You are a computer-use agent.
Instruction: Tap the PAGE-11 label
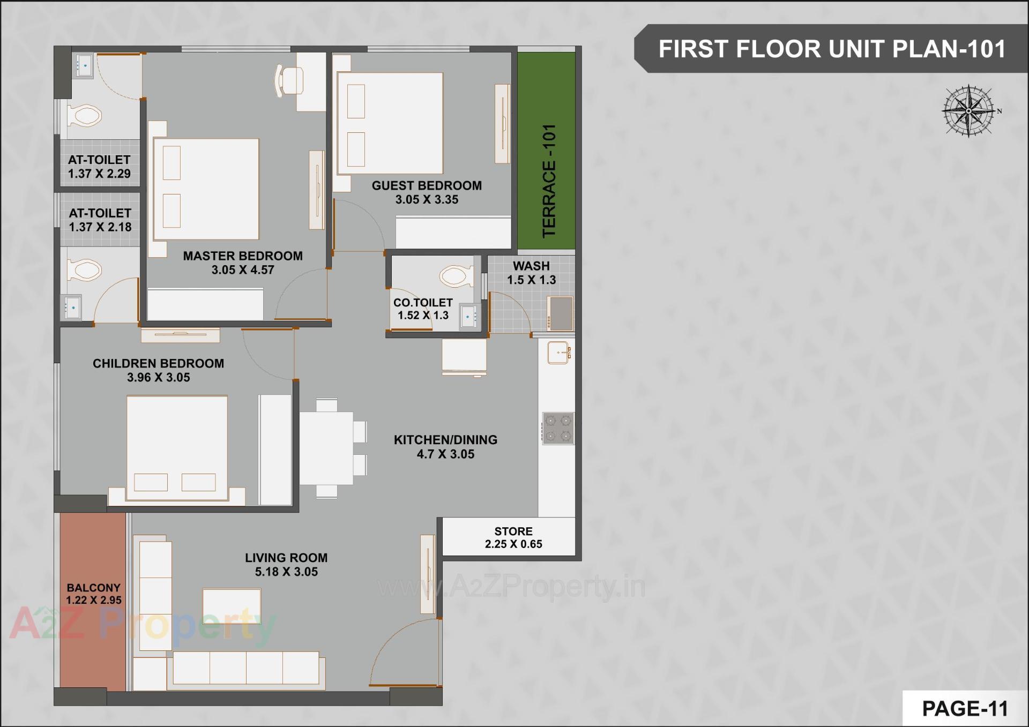coord(965,708)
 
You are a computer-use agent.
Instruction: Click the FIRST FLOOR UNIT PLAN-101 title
coord(831,49)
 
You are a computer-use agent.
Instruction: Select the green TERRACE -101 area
coord(546,151)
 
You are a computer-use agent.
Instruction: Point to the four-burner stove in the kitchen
coord(558,428)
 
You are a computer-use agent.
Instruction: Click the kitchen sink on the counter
coord(558,353)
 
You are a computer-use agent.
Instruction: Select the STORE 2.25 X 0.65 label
coord(513,538)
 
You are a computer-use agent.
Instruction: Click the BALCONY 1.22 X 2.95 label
coord(93,594)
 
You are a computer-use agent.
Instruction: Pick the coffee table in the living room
coord(232,605)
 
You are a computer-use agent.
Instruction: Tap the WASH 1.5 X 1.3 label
coord(531,273)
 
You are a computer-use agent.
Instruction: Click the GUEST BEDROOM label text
coord(427,185)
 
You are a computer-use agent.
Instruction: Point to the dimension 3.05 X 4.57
coord(243,270)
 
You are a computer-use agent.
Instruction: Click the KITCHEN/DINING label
coord(445,440)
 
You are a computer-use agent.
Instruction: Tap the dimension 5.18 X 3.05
coord(286,572)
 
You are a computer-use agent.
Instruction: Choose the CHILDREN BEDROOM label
coord(158,363)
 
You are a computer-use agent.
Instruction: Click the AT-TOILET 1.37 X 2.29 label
coord(99,167)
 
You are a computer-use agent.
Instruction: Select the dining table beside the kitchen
coord(326,448)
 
